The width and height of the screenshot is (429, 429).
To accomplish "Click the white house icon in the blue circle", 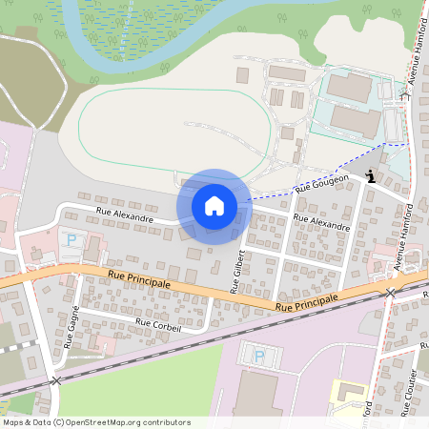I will click(x=214, y=206).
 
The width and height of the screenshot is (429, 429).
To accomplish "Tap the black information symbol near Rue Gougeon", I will click(x=371, y=175).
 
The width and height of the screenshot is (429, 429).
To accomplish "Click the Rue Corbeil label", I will click(x=158, y=324).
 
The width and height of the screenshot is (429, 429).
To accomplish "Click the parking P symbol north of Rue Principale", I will click(x=70, y=239).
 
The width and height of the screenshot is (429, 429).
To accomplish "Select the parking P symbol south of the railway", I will click(x=258, y=357).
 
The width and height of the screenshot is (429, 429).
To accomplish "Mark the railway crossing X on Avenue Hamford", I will click(x=390, y=293).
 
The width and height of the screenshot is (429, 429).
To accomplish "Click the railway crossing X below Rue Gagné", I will click(x=55, y=380).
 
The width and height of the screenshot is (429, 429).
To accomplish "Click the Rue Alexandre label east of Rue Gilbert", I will click(x=321, y=223).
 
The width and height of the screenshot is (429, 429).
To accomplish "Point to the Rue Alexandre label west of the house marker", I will click(x=124, y=217).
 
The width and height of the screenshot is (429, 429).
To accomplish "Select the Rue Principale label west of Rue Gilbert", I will click(x=139, y=279).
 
